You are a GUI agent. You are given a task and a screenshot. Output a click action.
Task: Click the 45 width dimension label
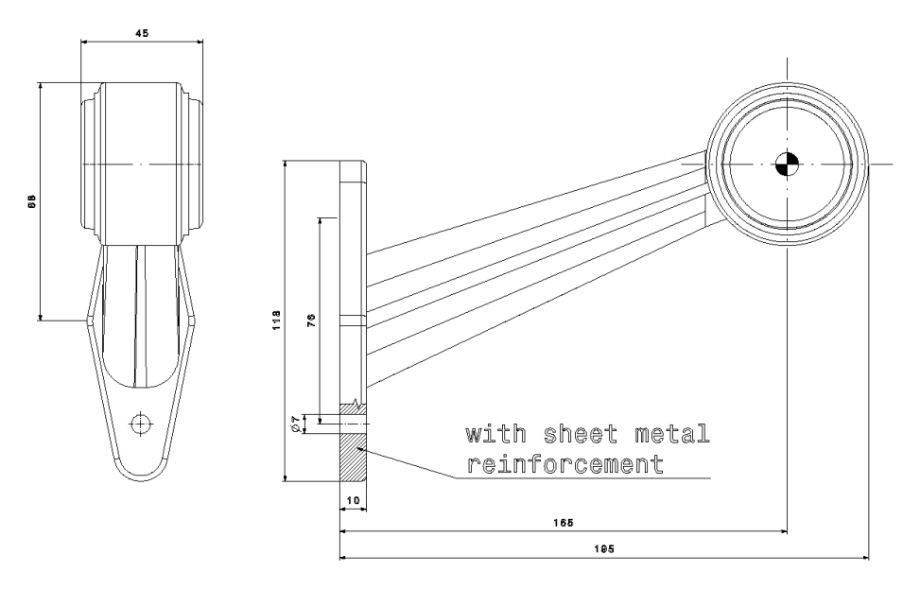pyautogui.click(x=142, y=33)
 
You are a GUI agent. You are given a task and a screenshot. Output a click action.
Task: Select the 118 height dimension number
pyautogui.click(x=276, y=320)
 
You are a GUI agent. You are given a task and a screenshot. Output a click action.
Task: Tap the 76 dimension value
pyautogui.click(x=311, y=320)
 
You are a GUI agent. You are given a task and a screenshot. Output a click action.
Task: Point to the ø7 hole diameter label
pyautogui.click(x=295, y=424)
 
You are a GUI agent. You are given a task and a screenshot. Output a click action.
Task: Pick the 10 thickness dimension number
pyautogui.click(x=353, y=500)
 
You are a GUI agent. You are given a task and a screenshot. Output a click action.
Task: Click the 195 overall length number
pyautogui.click(x=603, y=548)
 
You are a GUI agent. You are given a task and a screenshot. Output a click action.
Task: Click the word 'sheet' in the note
pyautogui.click(x=582, y=434)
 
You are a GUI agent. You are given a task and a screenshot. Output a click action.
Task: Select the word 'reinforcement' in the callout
pyautogui.click(x=564, y=463)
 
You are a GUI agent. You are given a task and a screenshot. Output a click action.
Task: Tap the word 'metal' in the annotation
pyautogui.click(x=672, y=434)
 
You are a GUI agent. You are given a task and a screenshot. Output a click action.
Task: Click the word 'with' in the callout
pyautogui.click(x=495, y=434)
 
